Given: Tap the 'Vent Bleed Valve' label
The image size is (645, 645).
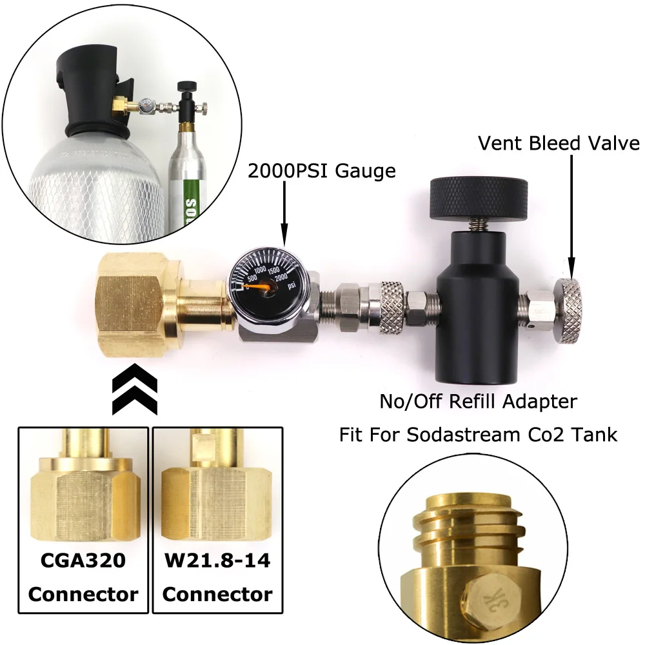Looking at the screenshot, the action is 559,143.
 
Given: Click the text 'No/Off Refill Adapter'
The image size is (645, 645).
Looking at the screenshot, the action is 478,401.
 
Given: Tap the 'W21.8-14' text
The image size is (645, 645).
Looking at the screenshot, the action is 217,560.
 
